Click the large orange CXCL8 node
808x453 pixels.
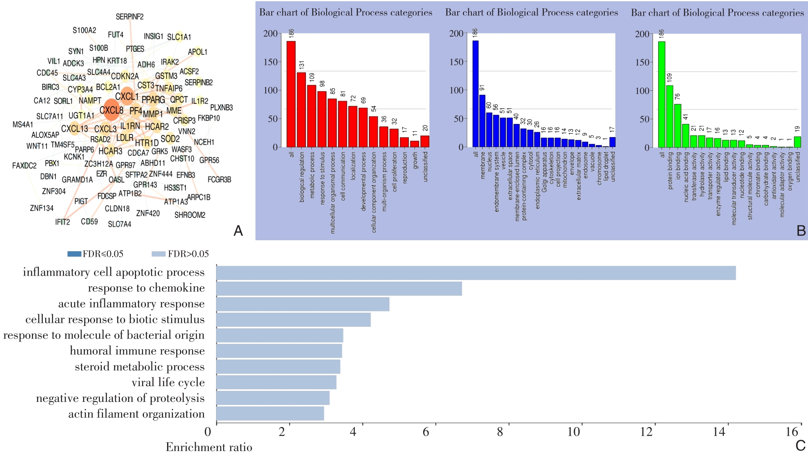click(x=112, y=110)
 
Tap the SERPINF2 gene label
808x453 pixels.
click(x=129, y=17)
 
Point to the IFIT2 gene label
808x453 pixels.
click(x=63, y=222)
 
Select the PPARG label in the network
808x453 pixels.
click(x=153, y=100)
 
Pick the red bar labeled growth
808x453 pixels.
click(x=414, y=144)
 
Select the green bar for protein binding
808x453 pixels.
click(x=670, y=116)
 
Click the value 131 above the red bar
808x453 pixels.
click(x=302, y=64)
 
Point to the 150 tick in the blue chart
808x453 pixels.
click(x=456, y=62)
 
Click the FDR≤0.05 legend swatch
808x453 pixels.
click(x=74, y=254)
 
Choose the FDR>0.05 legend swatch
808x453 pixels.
click(x=158, y=254)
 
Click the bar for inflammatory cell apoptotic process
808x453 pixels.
click(x=476, y=273)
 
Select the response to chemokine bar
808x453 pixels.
click(x=339, y=289)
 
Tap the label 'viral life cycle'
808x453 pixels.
click(x=168, y=383)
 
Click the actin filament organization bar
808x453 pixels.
click(x=270, y=414)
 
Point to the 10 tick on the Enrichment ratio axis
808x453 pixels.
click(x=574, y=432)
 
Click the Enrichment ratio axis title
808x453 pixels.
click(x=209, y=447)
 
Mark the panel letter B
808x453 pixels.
click(x=801, y=231)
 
